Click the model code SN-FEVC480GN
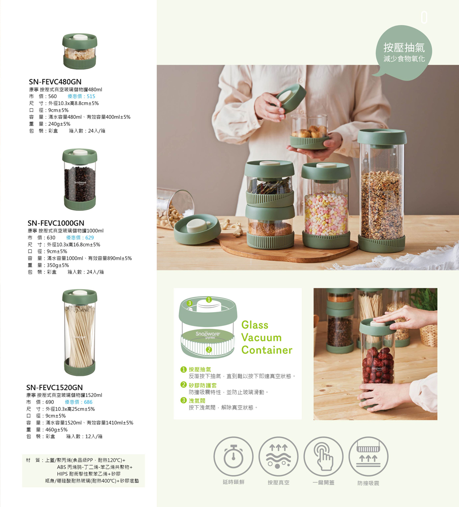pos(55,82)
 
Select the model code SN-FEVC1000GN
pos(56,223)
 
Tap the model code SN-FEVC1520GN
pos(54,387)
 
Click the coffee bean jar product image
pos(79,179)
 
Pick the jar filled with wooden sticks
pos(79,332)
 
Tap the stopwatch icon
pos(233,457)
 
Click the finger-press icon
pos(324,457)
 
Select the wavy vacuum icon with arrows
pos(278,457)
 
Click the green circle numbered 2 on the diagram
pos(209,349)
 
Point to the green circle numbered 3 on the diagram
pos(190,303)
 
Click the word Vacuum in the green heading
pos(262,337)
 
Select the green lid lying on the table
pos(197,228)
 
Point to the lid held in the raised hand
pos(291,98)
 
